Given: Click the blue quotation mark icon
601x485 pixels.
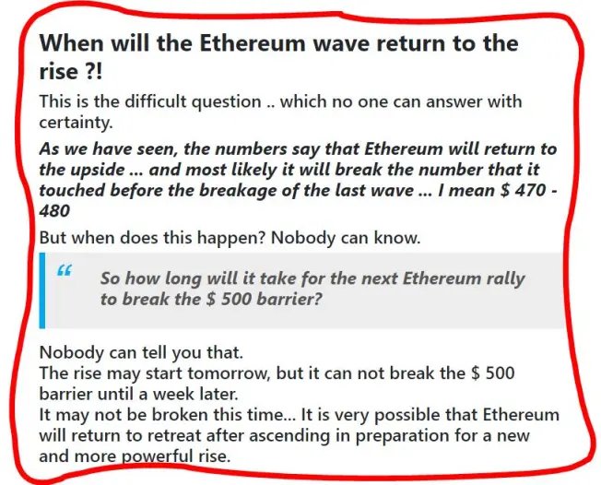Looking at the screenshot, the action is click(64, 270).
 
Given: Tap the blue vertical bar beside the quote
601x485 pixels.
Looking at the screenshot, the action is click(42, 290).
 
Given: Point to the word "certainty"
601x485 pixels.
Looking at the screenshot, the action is click(76, 123).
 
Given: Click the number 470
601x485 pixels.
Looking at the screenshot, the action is click(529, 190).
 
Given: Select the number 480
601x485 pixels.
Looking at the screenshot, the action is click(54, 211).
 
